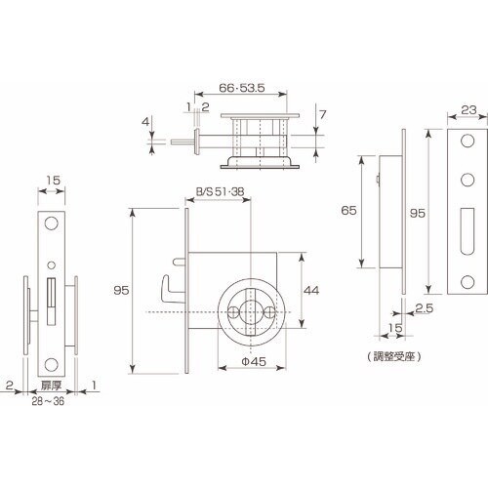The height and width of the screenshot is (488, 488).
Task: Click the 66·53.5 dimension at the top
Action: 239,86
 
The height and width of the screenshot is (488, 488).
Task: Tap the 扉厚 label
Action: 48,387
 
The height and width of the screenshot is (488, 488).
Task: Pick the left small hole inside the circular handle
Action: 235,310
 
